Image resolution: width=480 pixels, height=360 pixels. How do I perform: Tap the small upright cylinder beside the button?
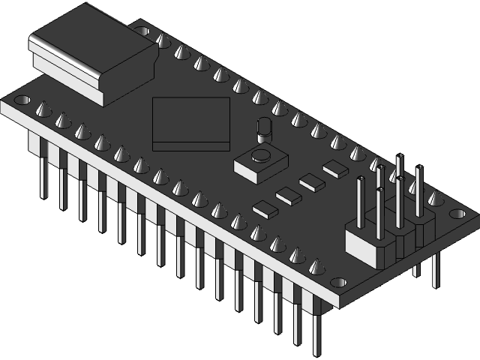tap(262, 129)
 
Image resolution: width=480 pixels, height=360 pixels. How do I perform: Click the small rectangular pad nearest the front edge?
tap(265, 208)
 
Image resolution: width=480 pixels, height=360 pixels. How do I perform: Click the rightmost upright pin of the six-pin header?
tap(418, 187)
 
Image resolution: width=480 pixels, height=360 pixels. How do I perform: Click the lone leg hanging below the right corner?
tap(435, 270)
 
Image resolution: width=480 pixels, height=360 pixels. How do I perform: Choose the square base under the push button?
tap(255, 166)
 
